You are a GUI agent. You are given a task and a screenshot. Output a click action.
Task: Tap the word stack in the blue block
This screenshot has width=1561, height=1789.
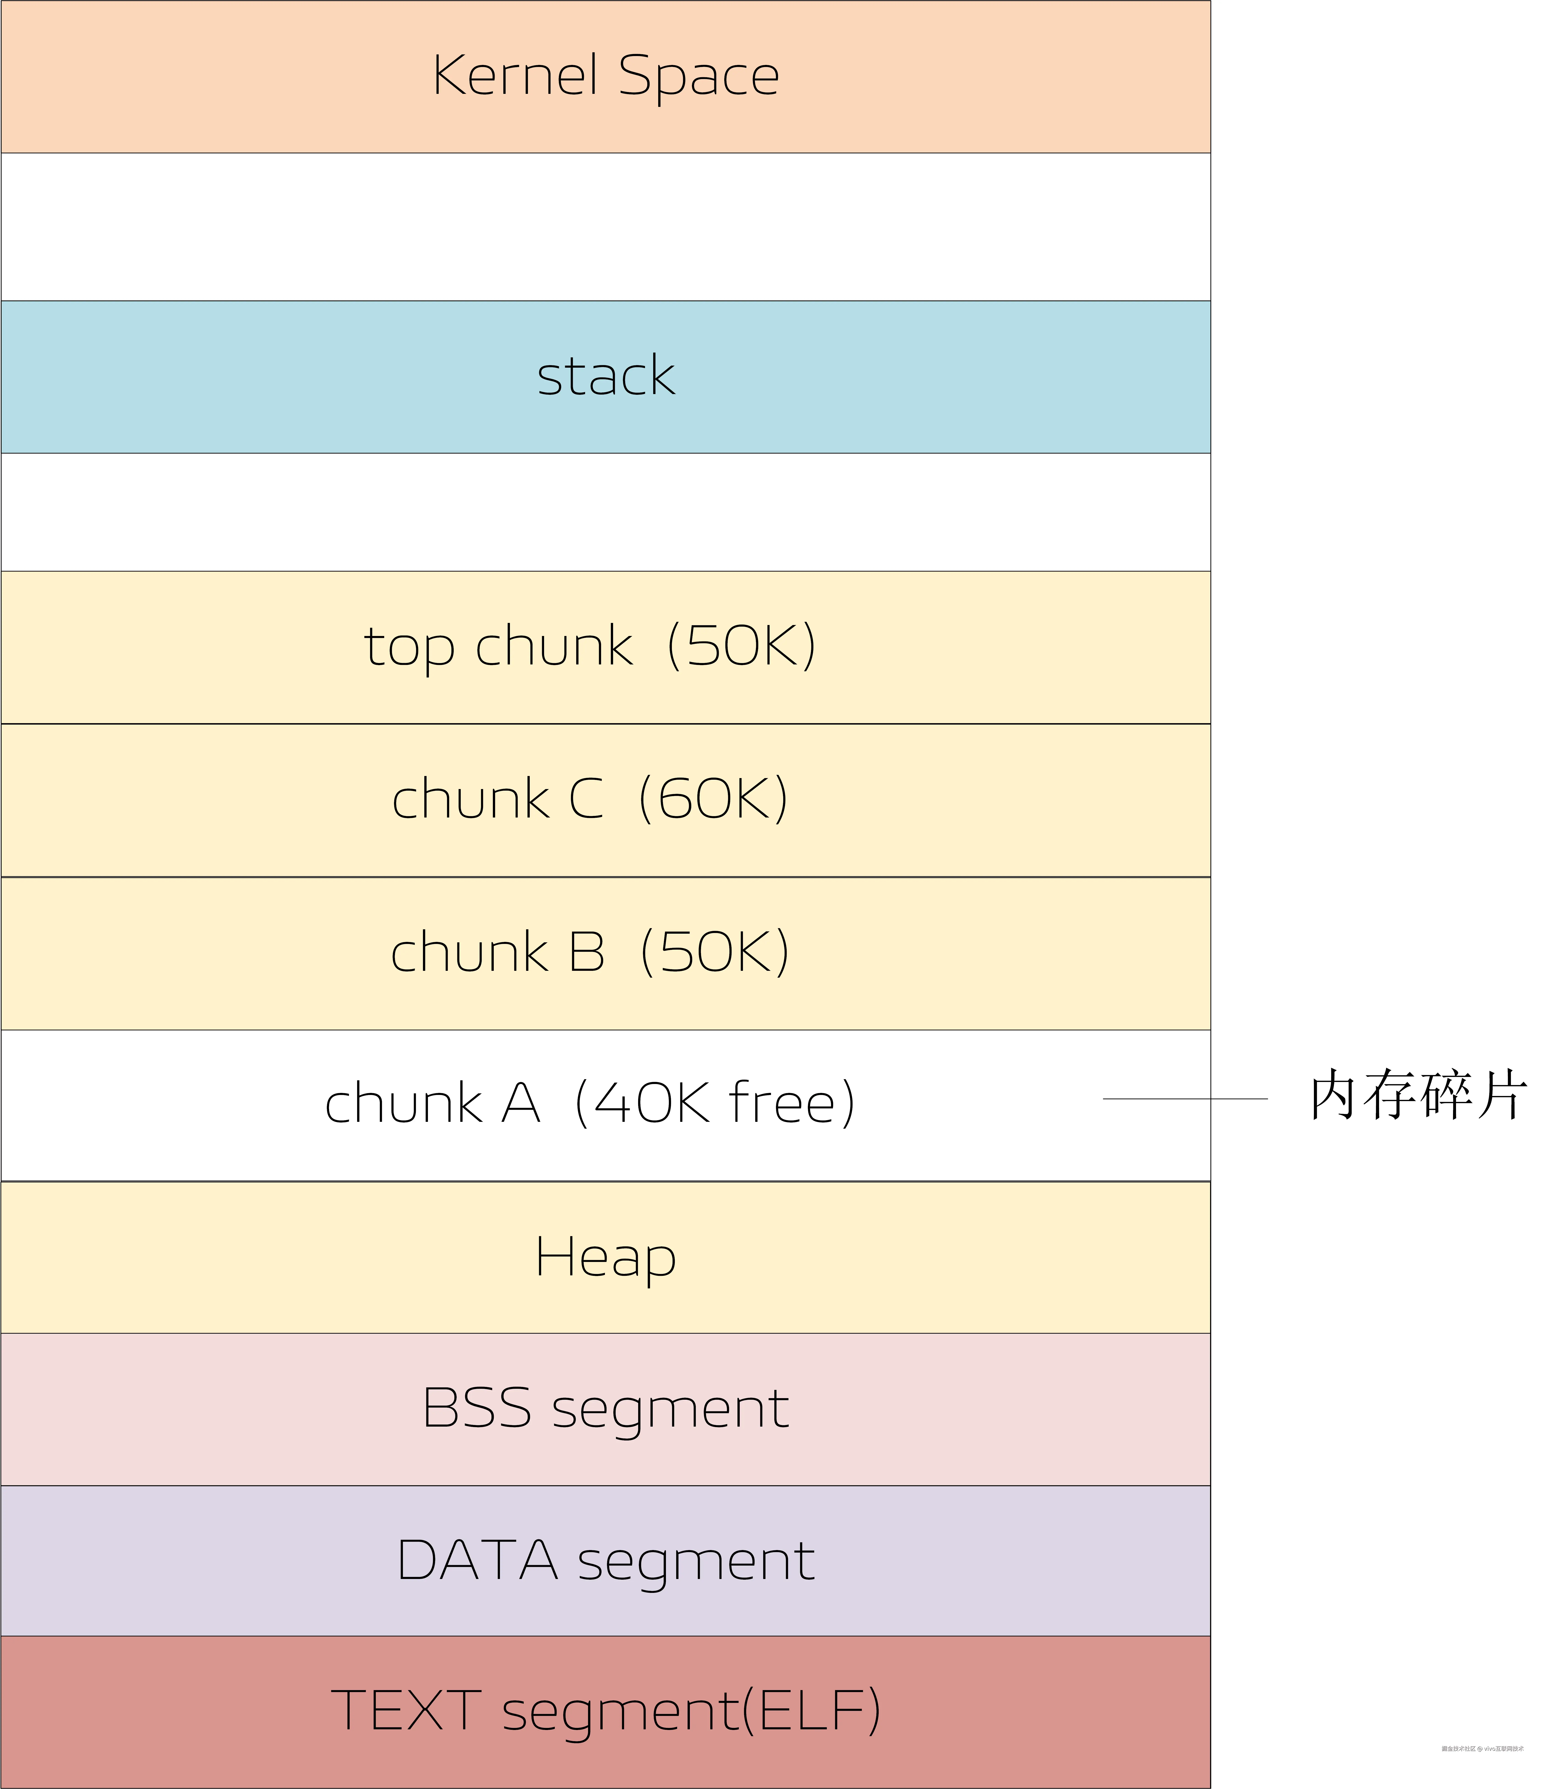pos(605,376)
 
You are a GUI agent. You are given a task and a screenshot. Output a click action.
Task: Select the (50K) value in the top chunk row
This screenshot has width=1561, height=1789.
pos(741,646)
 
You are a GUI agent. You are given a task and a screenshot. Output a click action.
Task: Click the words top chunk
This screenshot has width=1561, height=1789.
pos(498,646)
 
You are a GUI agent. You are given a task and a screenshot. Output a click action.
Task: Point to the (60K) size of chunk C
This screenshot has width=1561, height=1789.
pos(713,799)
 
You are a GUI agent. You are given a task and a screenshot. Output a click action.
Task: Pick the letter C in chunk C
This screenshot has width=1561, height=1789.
pos(586,799)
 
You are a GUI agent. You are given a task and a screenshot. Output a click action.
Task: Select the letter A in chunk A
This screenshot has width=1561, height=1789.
pos(521,1104)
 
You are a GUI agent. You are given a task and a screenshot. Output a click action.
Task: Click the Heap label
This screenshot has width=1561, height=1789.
pos(605,1257)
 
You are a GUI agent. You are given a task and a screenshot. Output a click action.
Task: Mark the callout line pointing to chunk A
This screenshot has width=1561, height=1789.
pos(1185,1099)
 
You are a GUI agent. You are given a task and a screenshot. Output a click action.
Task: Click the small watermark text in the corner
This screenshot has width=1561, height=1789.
pos(1483,1748)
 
